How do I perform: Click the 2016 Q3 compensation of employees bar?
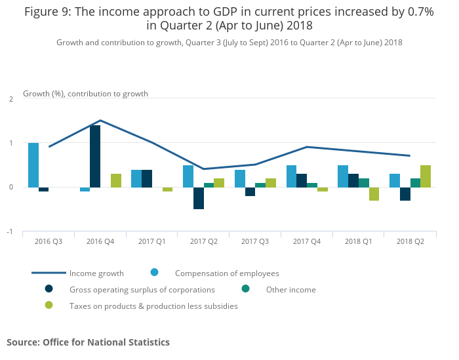(33, 165)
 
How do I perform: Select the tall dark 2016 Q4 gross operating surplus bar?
(95, 156)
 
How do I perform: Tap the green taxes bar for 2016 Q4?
(115, 180)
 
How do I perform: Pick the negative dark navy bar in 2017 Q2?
(198, 198)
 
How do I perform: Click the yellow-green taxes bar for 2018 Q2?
(425, 176)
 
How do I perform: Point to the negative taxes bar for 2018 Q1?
(374, 193)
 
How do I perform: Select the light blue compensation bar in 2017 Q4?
(291, 176)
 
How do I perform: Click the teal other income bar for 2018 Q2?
(415, 182)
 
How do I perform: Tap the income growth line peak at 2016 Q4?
(100, 120)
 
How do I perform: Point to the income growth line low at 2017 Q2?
(203, 169)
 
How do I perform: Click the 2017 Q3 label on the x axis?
(254, 242)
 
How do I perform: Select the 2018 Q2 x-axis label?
(410, 242)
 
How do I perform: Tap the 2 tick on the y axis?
(10, 98)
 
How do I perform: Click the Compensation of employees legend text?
(226, 273)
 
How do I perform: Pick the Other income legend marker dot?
(246, 289)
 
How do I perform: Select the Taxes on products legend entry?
(153, 306)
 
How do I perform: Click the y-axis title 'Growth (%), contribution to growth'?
(85, 94)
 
